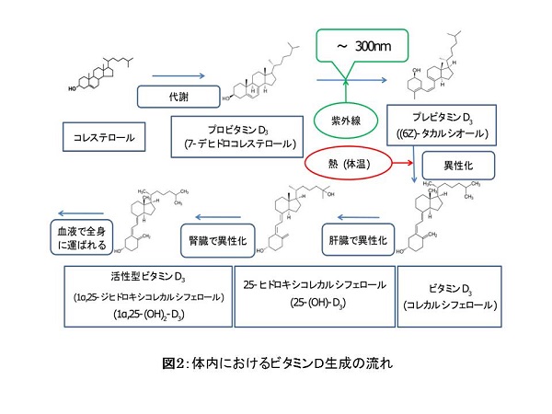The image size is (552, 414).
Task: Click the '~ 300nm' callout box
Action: tap(365, 45)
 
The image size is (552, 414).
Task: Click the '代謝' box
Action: tap(176, 98)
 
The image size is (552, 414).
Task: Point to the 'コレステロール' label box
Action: tap(104, 138)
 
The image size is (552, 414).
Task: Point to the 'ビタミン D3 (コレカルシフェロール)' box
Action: tap(451, 295)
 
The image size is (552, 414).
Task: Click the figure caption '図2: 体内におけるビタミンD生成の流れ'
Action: tap(275, 362)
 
